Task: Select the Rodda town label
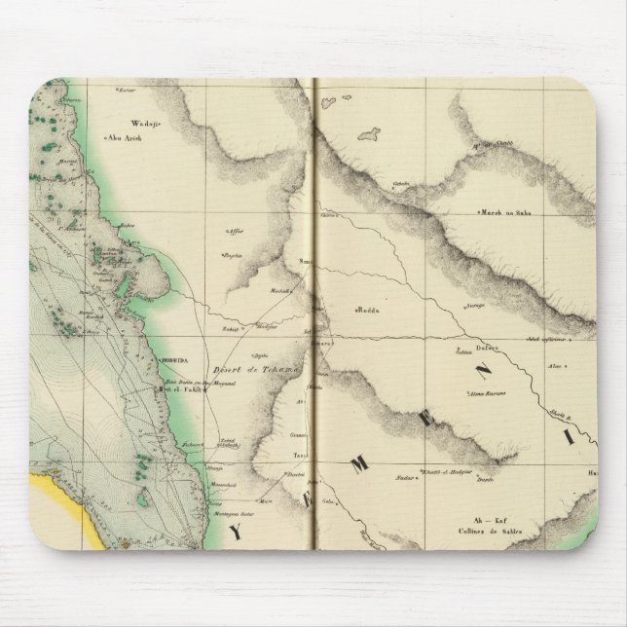coord(367,312)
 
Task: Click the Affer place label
coord(233,232)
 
